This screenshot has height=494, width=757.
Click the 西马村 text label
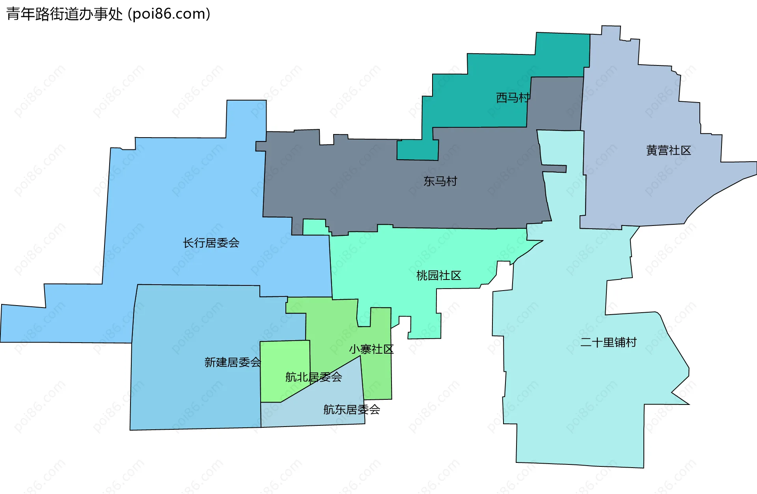(x=513, y=97)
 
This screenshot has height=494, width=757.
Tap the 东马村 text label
(x=440, y=181)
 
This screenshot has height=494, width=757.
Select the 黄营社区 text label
(x=668, y=151)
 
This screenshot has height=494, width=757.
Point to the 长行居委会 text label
(x=211, y=243)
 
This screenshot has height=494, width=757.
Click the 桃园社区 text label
(x=438, y=276)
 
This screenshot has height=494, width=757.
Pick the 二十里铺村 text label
(x=608, y=342)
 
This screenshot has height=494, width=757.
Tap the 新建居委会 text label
(x=233, y=362)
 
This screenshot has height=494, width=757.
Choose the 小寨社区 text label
(x=371, y=349)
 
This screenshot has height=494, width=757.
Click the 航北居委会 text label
(x=313, y=377)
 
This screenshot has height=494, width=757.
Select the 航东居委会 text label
(x=351, y=410)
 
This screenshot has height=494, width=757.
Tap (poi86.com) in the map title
(x=169, y=14)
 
